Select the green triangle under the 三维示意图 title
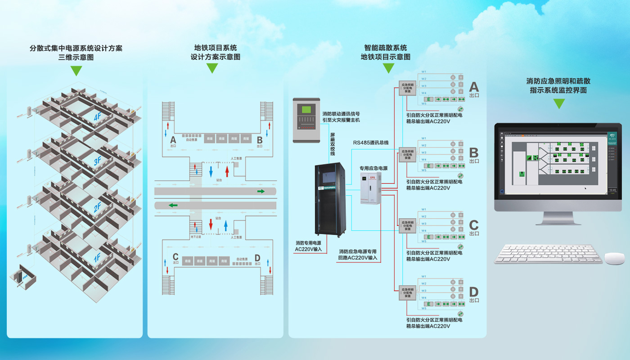pos(76,71)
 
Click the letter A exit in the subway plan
pos(173,140)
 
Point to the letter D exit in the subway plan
pos(257,258)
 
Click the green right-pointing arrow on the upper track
pos(261,191)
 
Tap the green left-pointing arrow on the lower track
pos(173,205)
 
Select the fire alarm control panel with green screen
pos(306,120)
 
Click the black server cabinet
pos(330,199)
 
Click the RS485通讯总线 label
pos(370,143)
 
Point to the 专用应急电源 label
pos(373,168)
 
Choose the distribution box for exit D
pos(408,292)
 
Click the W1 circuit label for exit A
pos(424,72)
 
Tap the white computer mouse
pos(614,258)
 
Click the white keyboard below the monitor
pos(548,254)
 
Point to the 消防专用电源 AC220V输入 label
pos(308,246)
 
